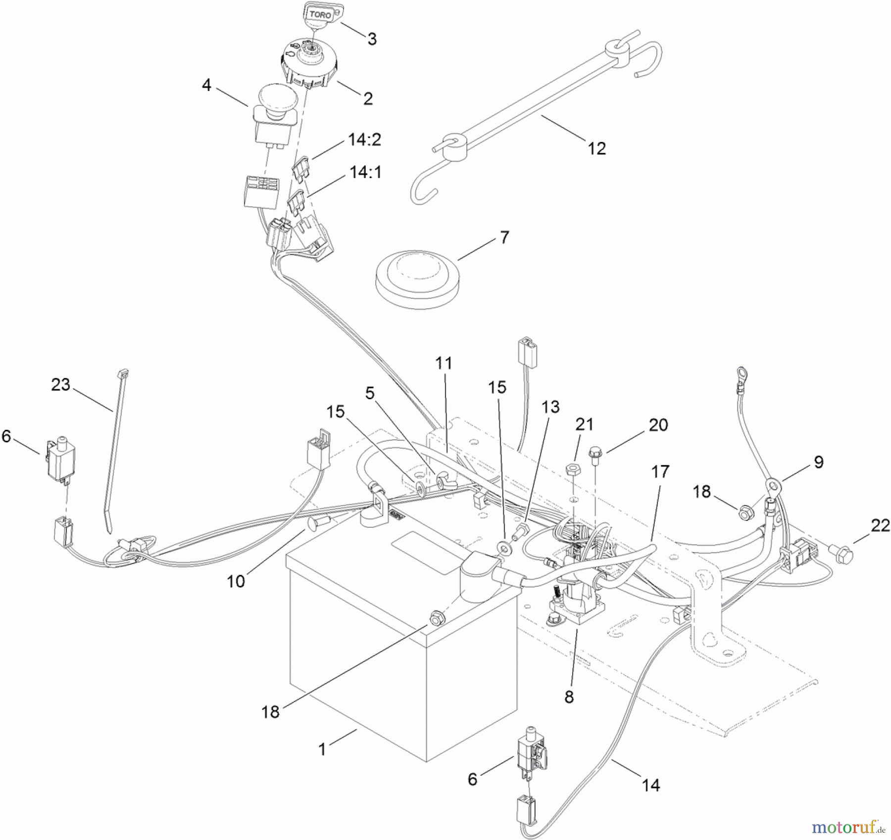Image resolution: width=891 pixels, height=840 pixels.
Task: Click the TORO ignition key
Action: tap(320, 14)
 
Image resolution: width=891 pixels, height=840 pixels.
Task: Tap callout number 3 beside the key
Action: tap(372, 39)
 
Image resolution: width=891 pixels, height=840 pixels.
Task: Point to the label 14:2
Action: tap(365, 140)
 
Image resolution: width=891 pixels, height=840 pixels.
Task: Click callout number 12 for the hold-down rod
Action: tap(596, 148)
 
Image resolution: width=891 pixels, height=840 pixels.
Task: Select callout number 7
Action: tap(504, 237)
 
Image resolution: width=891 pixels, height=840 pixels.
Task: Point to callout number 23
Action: tap(60, 384)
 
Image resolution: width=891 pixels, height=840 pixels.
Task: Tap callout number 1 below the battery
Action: tap(322, 749)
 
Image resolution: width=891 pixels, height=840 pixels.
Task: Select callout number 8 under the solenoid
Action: tap(569, 697)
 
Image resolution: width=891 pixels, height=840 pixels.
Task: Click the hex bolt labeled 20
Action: tap(594, 453)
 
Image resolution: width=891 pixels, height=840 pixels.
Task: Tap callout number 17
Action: tap(660, 472)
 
